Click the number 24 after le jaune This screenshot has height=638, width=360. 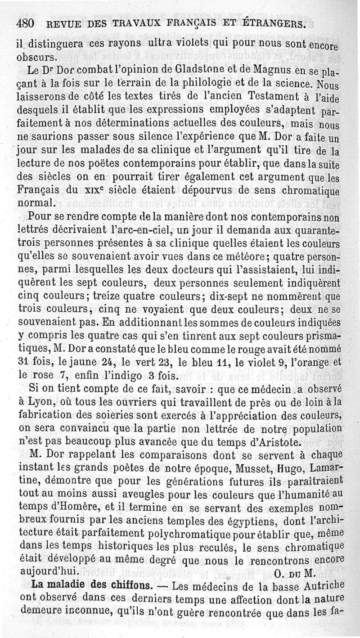tap(101, 362)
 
